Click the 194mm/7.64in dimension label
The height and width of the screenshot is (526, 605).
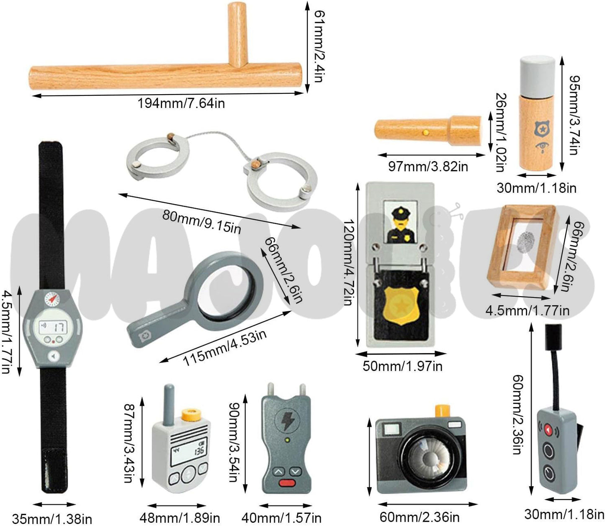(x=181, y=103)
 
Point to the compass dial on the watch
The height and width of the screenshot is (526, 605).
(x=51, y=298)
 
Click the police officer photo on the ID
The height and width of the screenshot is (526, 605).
(x=400, y=223)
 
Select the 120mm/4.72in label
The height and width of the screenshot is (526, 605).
(x=347, y=263)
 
